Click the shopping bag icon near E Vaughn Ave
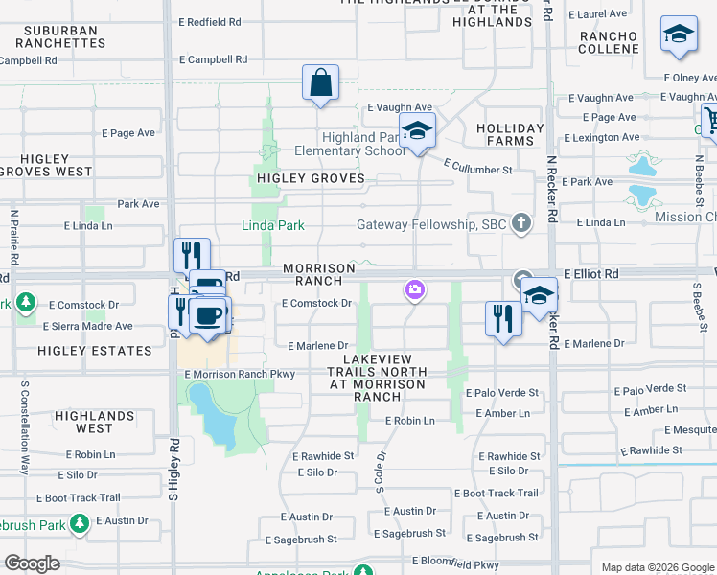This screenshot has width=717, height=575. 321,83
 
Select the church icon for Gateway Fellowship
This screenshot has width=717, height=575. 521,223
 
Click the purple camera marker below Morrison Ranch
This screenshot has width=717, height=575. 414,289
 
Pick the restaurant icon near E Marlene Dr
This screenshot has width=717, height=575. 503,318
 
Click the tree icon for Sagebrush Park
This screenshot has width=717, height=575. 80,523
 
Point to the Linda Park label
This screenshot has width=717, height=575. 272,226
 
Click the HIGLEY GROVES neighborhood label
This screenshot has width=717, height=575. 310,178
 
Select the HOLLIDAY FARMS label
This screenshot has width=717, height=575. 510,134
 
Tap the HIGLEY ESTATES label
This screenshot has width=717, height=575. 94,351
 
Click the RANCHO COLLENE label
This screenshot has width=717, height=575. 609,43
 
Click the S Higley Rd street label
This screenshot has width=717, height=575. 173,471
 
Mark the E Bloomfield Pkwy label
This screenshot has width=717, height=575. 456,561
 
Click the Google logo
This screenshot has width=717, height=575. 32,563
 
